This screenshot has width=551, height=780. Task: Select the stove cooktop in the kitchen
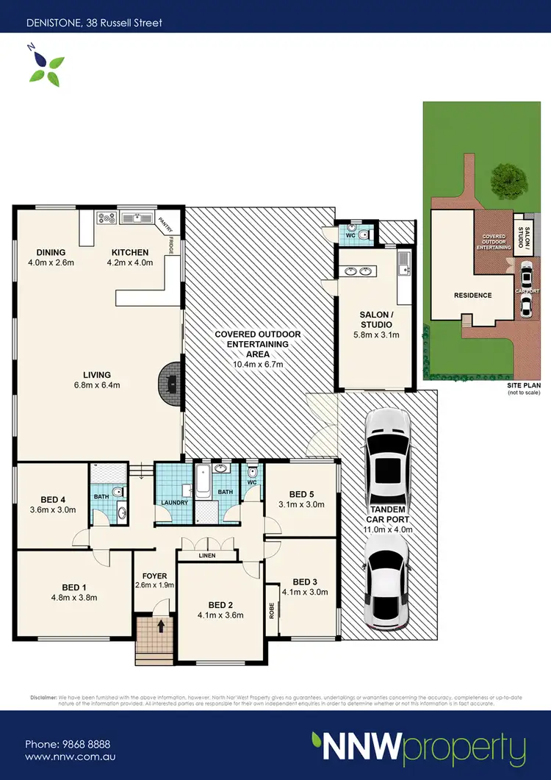coord(106,218)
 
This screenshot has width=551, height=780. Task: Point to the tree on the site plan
coord(508,178)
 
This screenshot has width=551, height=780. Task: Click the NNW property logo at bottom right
coord(418,748)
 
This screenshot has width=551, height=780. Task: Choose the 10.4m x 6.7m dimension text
coord(258,364)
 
